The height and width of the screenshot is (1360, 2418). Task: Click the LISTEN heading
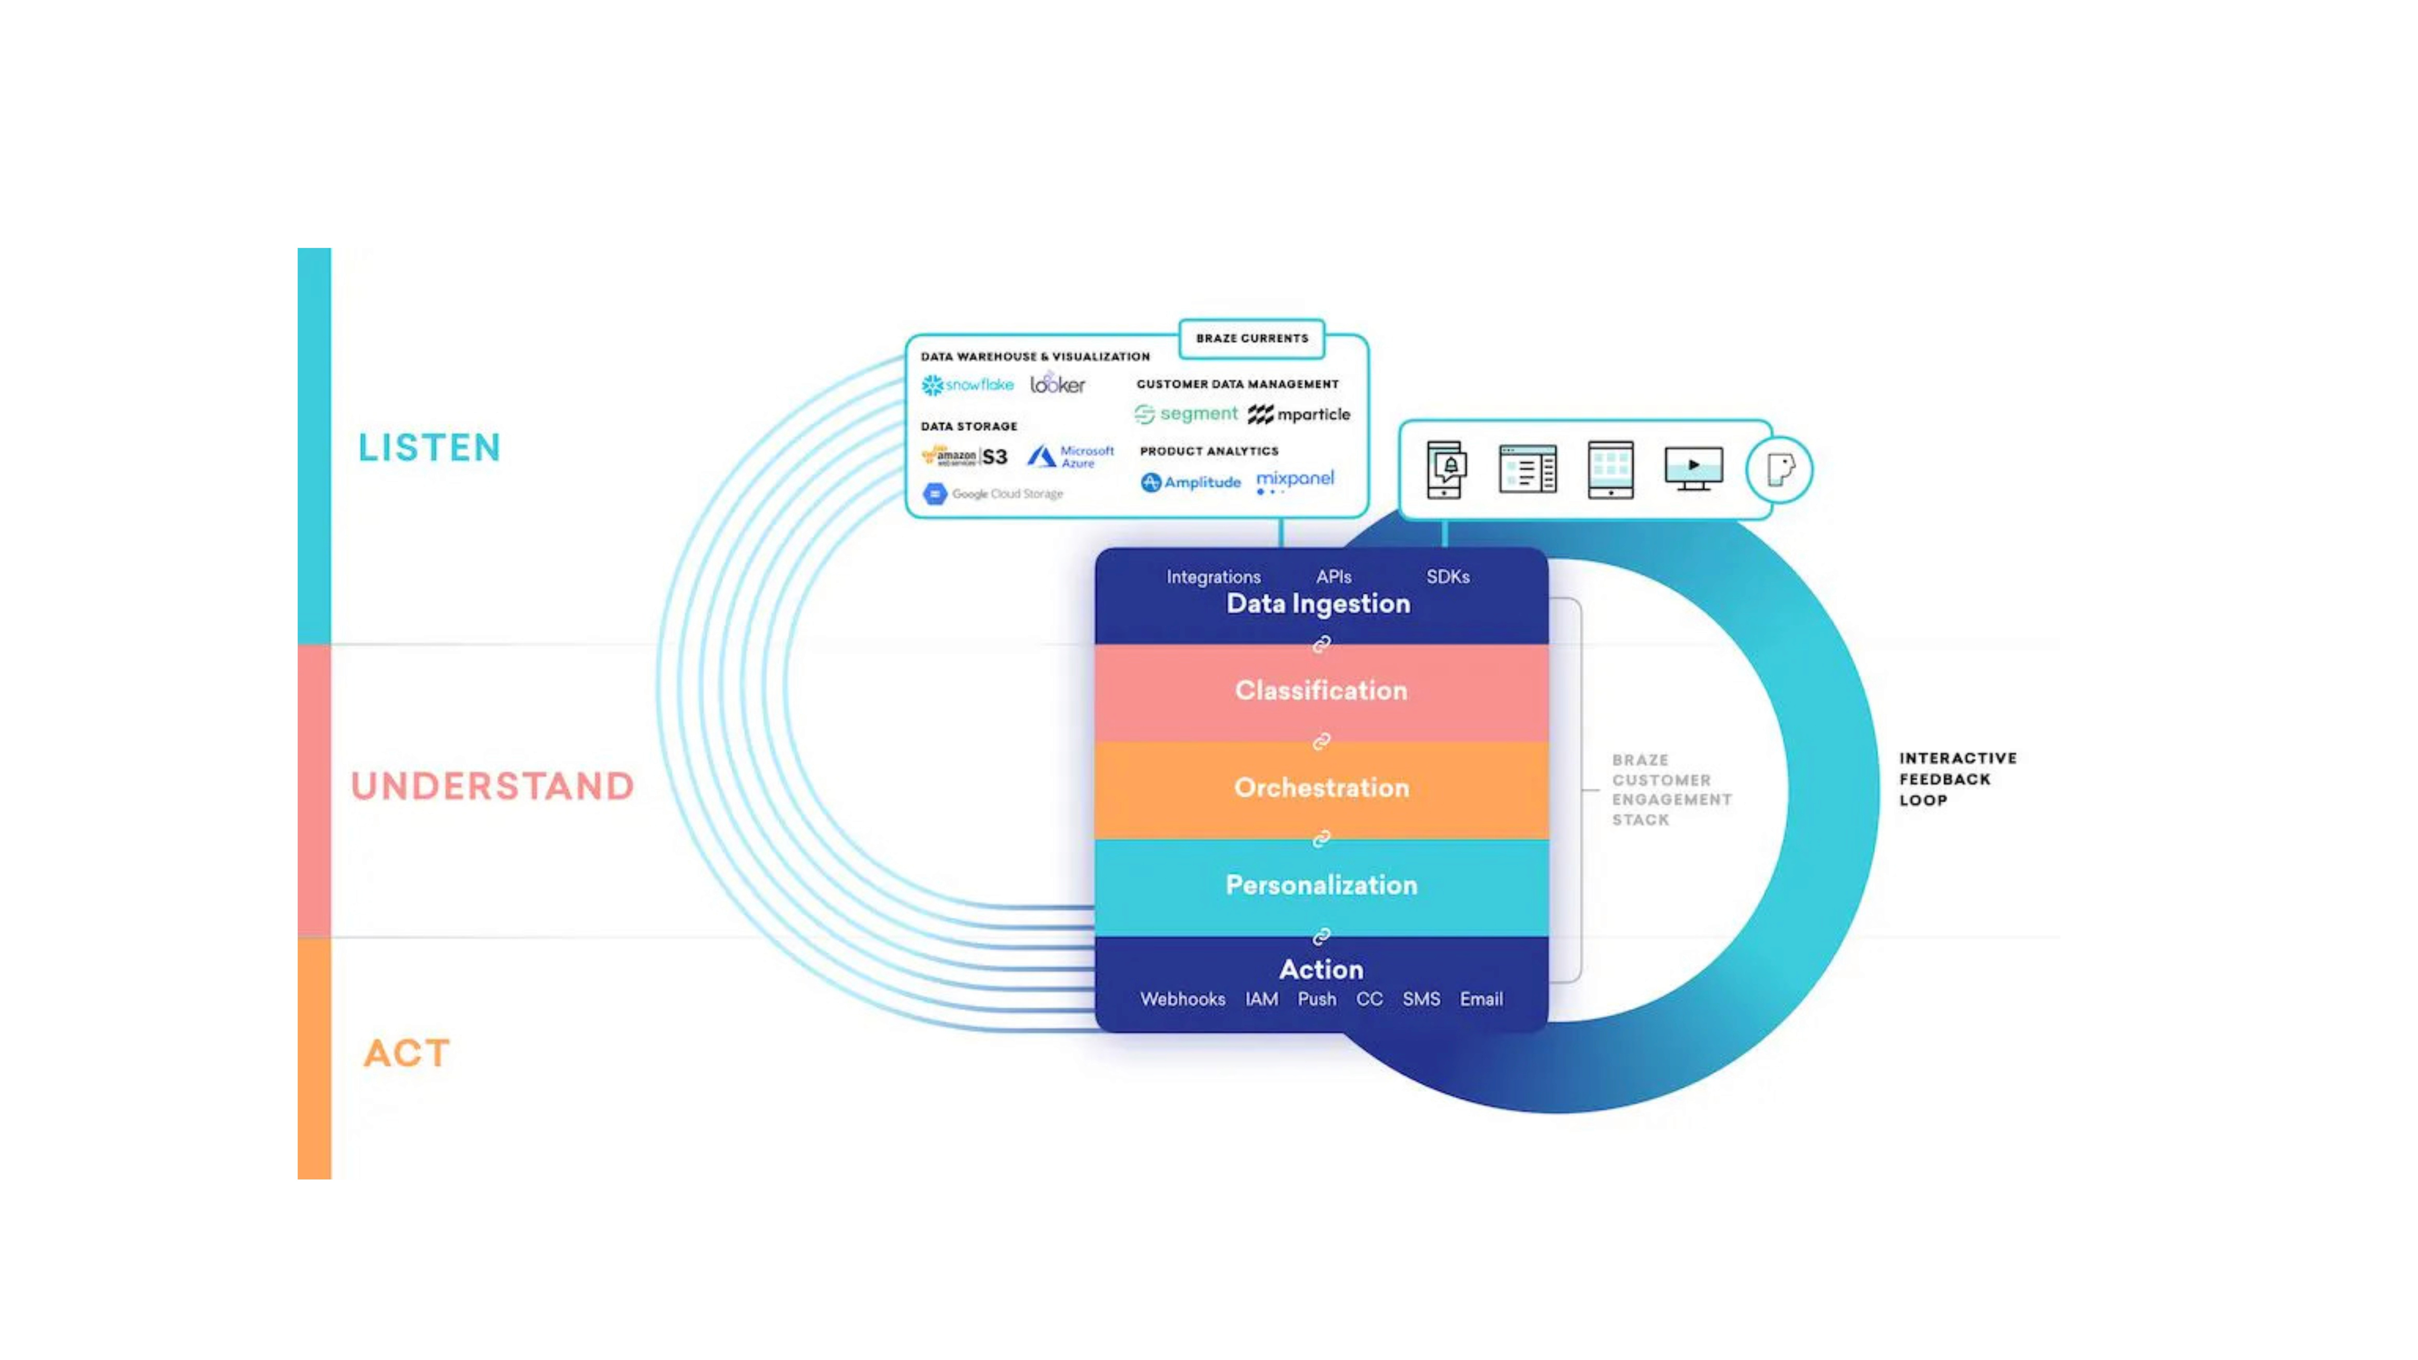click(429, 448)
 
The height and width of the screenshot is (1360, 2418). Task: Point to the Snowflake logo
click(967, 385)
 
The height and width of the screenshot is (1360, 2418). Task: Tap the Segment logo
click(1187, 414)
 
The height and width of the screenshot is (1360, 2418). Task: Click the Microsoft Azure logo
click(1070, 456)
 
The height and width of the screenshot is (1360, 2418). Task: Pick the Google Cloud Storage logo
click(993, 494)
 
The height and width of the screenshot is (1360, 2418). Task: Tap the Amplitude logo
click(1190, 482)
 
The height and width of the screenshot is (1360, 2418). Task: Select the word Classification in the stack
click(1321, 691)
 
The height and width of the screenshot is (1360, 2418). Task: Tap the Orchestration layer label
click(1321, 788)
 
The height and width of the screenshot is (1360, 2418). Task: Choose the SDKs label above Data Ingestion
click(1447, 576)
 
